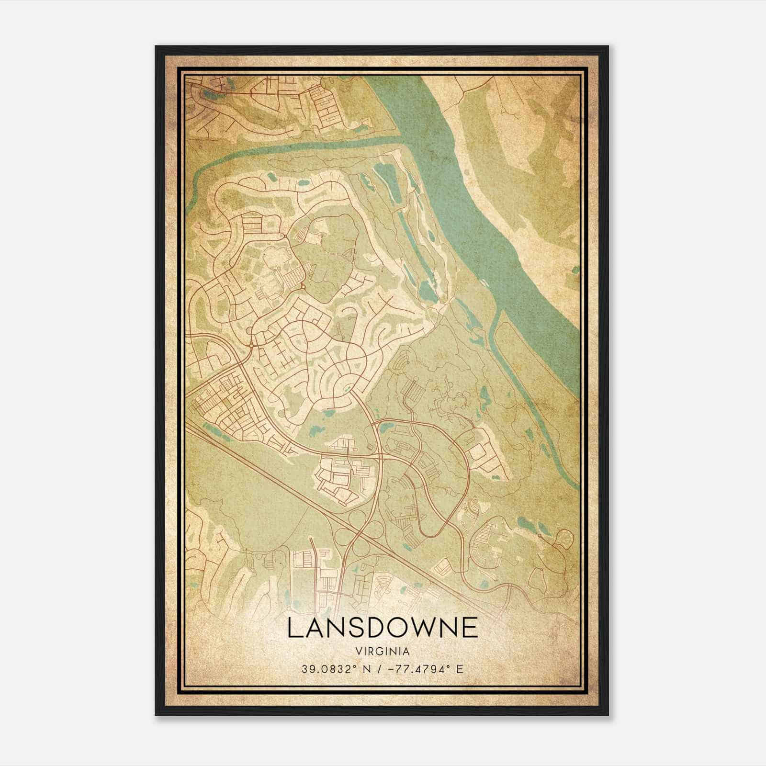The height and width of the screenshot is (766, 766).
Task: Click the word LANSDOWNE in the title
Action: [383, 628]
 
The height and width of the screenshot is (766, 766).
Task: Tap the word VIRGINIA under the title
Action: [383, 652]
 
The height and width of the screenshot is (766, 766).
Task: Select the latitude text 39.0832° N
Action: [331, 669]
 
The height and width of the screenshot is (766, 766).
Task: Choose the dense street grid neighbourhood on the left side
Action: [225, 402]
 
